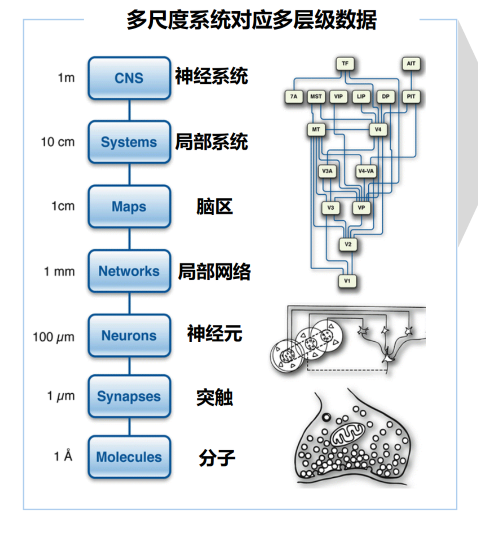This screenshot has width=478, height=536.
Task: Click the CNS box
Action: pyautogui.click(x=129, y=78)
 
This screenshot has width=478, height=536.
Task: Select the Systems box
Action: pyautogui.click(x=129, y=142)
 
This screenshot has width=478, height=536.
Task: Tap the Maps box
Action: pyautogui.click(x=129, y=206)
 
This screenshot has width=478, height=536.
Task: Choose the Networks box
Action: pyautogui.click(x=129, y=271)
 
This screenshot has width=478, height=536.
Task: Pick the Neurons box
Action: pyautogui.click(x=129, y=335)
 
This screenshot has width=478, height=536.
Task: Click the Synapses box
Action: pyautogui.click(x=129, y=396)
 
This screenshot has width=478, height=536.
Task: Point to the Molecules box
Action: pyautogui.click(x=129, y=457)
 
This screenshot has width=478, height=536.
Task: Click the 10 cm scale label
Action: pyautogui.click(x=58, y=142)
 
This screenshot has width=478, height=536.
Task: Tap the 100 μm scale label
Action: pyautogui.click(x=54, y=337)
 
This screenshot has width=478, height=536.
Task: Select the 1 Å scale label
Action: pyautogui.click(x=63, y=456)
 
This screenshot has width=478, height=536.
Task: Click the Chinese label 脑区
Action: pyautogui.click(x=214, y=206)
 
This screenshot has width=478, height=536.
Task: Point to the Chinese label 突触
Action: pyautogui.click(x=214, y=397)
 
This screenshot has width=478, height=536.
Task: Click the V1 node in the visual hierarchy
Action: pyautogui.click(x=347, y=281)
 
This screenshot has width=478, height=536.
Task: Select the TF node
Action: pyautogui.click(x=345, y=64)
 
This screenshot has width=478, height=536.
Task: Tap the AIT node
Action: pyautogui.click(x=411, y=64)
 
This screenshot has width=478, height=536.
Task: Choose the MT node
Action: pyautogui.click(x=316, y=129)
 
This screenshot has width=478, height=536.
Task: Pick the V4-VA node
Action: pyautogui.click(x=366, y=171)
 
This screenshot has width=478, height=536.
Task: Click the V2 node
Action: pyautogui.click(x=348, y=244)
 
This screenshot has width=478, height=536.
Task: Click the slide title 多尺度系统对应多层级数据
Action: pyautogui.click(x=252, y=20)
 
